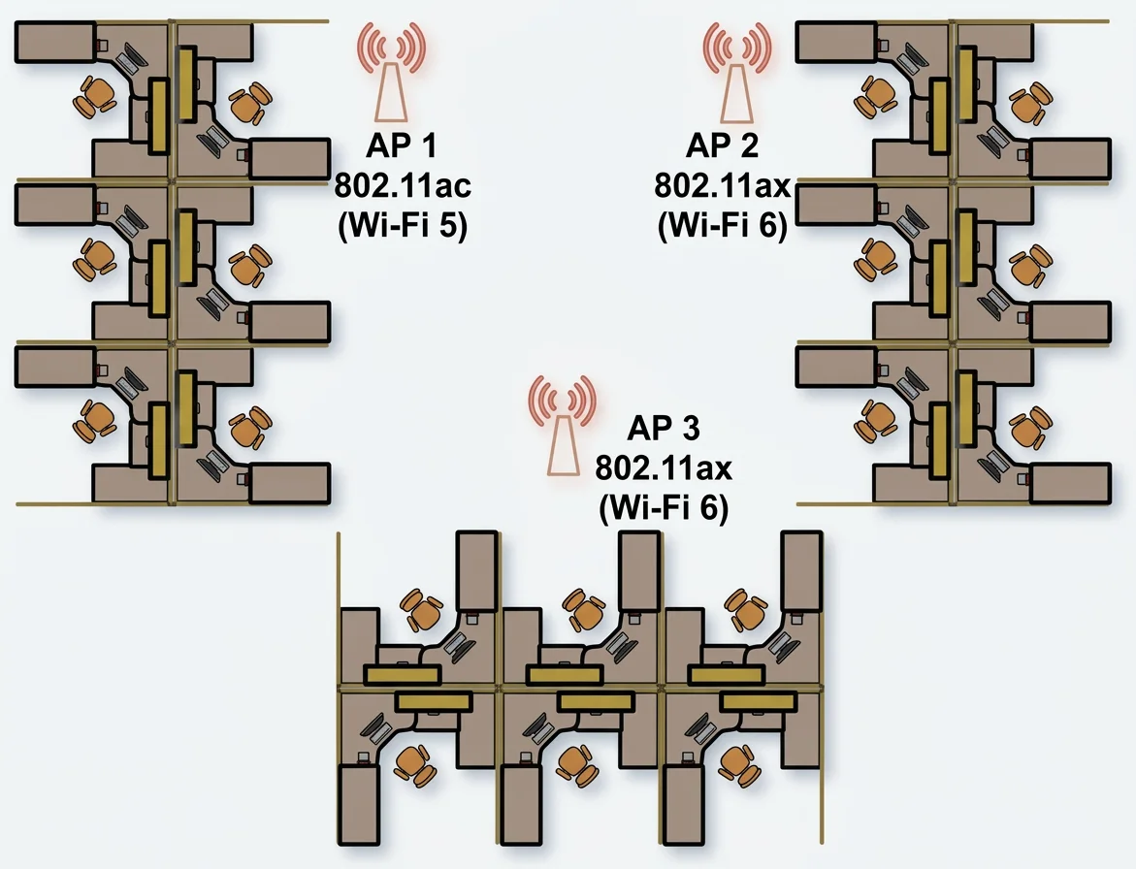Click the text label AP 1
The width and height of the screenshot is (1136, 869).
[402, 145]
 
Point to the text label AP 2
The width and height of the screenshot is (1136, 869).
[722, 145]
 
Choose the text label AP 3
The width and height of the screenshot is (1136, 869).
[663, 428]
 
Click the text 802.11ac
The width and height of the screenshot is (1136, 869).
[402, 185]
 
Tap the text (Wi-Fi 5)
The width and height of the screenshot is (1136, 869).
[402, 226]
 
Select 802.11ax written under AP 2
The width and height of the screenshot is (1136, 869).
[722, 185]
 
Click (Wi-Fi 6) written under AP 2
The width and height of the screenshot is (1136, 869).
[722, 226]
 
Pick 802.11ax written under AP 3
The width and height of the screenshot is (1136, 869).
[663, 467]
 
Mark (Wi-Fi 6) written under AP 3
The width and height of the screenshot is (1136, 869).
[663, 508]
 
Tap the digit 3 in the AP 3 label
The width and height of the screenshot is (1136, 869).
[691, 428]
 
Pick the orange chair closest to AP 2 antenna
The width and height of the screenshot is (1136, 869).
[876, 97]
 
